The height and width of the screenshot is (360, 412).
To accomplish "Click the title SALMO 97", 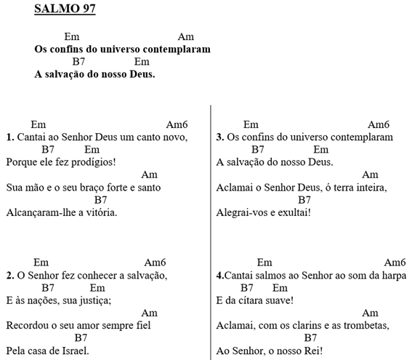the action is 65,9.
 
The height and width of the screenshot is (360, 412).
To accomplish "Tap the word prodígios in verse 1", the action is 93,161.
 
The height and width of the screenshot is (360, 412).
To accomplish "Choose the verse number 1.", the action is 9,136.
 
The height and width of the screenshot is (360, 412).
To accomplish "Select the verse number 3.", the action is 220,136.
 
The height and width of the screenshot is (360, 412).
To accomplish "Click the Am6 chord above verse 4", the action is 394,262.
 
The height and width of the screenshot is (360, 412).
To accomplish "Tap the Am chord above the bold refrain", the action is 185,36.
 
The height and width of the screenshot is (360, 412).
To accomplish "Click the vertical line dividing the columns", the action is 211,233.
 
